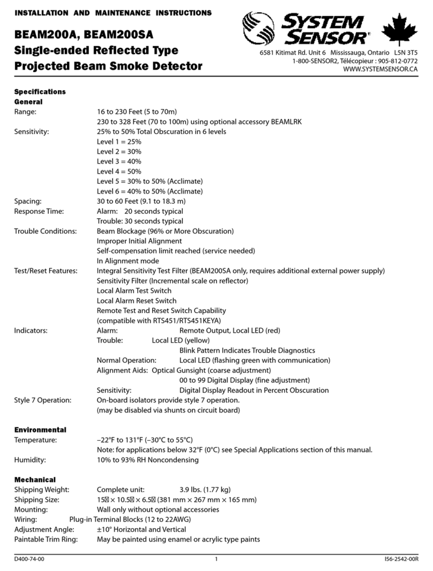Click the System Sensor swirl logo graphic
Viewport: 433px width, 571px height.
pos(260,30)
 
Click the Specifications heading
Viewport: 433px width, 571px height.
pos(40,92)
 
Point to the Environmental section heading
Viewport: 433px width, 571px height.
pos(40,429)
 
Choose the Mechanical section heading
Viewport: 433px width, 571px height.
pos(35,479)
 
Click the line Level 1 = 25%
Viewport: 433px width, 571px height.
pos(118,142)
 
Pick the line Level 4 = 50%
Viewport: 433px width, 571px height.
pos(118,172)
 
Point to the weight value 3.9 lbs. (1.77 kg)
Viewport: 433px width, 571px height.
pos(205,489)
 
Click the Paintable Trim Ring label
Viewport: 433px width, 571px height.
pos(46,539)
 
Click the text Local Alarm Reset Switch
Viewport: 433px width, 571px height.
pos(136,300)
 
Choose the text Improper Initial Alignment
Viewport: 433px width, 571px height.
pos(139,241)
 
